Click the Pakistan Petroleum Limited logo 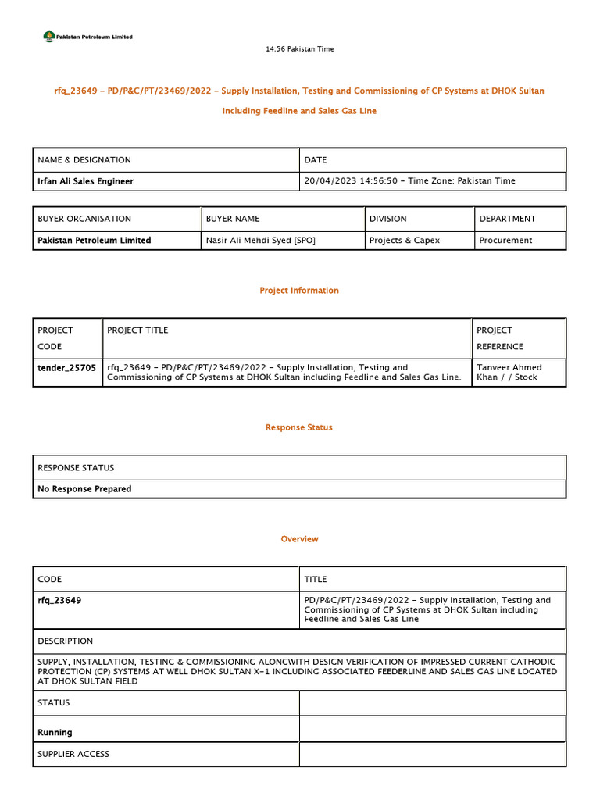tap(87, 36)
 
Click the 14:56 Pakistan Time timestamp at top tap(299, 49)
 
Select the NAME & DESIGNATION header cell tap(84, 160)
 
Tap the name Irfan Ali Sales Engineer tap(85, 181)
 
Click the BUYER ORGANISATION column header tap(84, 219)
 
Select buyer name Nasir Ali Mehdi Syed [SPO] tap(260, 241)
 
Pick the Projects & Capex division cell tap(404, 241)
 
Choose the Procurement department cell tap(505, 241)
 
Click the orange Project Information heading tap(299, 291)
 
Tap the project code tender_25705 tap(66, 367)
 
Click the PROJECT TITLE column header tap(137, 330)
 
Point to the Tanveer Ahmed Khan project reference tap(509, 372)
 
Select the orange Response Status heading tap(299, 428)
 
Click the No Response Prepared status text tap(84, 489)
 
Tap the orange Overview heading tap(299, 539)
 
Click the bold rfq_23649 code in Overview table tap(59, 601)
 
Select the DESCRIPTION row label tap(65, 641)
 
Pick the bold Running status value tap(55, 733)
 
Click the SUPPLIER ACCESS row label tap(73, 755)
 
